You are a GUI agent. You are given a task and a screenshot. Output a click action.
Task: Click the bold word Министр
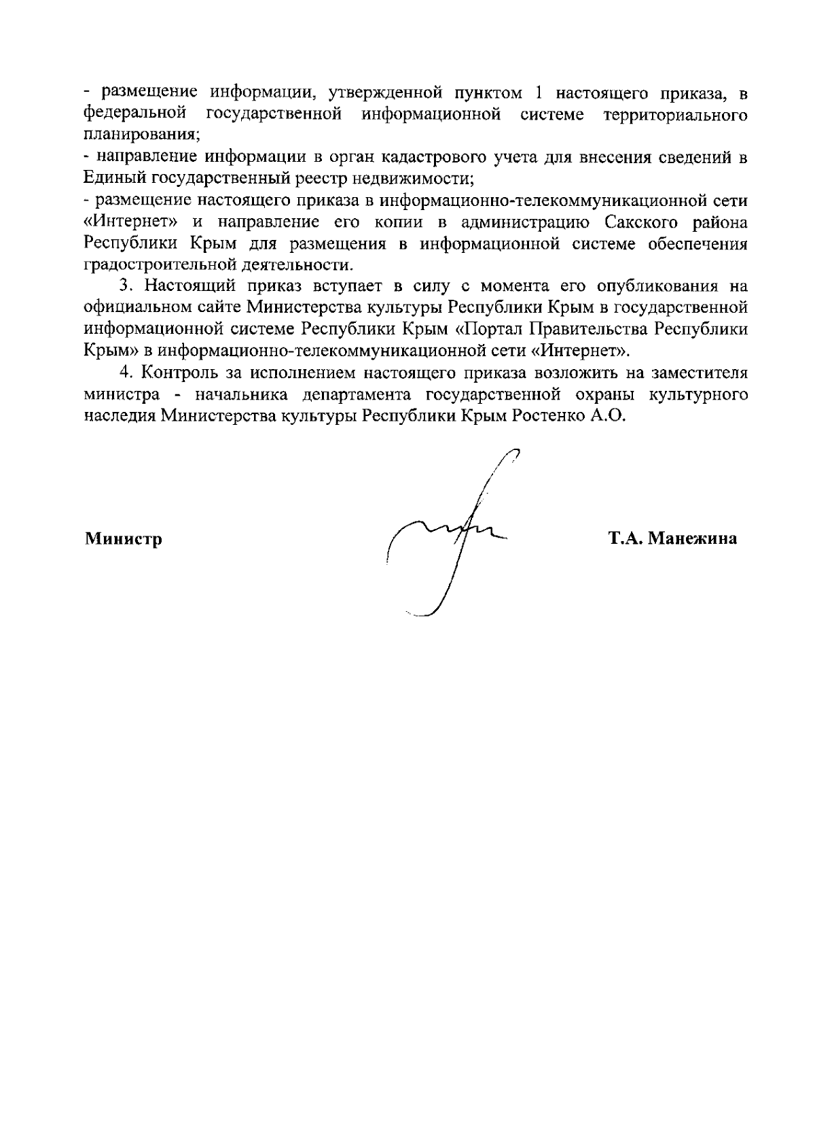click(123, 540)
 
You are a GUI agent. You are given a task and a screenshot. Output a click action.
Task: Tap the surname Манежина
click(692, 540)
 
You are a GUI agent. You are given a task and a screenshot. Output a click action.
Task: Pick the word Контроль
click(183, 373)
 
